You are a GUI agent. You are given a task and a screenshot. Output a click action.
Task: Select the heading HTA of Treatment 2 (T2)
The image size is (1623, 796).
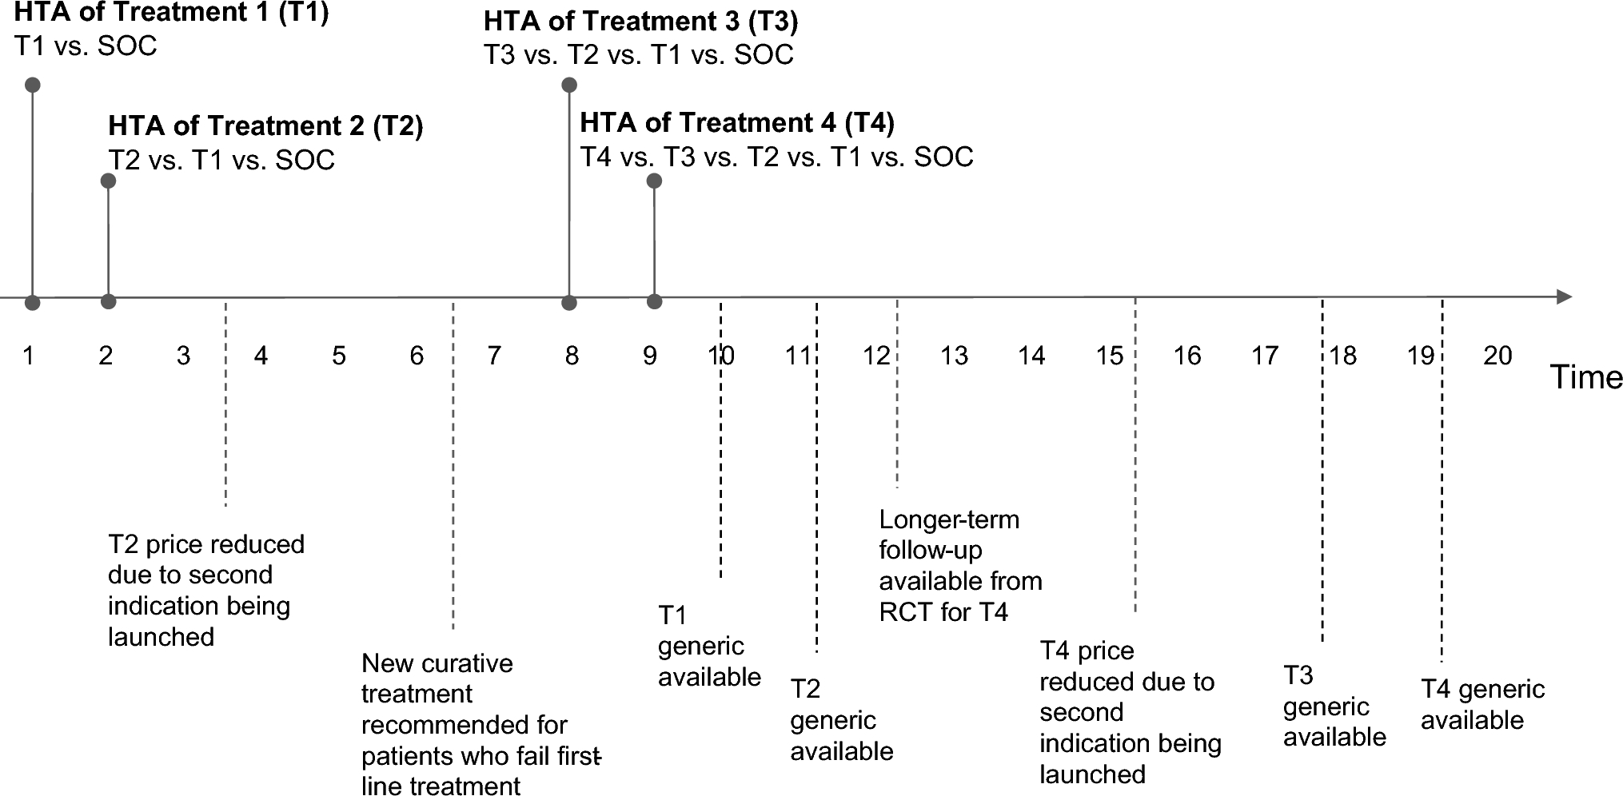265,126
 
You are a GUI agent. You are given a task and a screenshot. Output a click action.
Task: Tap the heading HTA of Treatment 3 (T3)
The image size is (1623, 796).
640,22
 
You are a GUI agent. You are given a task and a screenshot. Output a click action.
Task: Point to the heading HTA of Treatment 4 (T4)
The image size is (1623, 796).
736,122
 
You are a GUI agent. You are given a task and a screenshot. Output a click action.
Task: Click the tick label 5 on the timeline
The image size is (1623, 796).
339,356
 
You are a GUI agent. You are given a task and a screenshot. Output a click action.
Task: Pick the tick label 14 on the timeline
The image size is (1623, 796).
1031,356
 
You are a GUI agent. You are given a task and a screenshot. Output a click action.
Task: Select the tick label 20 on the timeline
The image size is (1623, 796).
1497,356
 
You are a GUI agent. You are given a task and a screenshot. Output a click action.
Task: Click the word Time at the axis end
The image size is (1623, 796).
1586,377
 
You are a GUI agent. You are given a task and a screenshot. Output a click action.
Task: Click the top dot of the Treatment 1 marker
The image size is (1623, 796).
32,85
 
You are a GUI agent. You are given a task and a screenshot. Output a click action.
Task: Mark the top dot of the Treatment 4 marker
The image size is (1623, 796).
654,181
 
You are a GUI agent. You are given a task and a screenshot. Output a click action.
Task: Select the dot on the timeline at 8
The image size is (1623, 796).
569,303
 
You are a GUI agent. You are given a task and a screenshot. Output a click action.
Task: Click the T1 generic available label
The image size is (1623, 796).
709,646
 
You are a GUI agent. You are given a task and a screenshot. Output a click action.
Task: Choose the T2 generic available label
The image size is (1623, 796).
841,720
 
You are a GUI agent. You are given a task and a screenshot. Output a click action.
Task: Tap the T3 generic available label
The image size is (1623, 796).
1334,706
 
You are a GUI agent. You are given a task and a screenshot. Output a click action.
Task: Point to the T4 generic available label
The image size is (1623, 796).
1482,704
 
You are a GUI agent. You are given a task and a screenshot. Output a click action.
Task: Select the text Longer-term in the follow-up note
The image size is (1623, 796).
949,520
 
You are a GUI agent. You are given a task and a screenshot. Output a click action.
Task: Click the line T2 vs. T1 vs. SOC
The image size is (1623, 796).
221,161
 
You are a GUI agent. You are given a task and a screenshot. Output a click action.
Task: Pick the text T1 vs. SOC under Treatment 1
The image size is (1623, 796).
86,46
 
